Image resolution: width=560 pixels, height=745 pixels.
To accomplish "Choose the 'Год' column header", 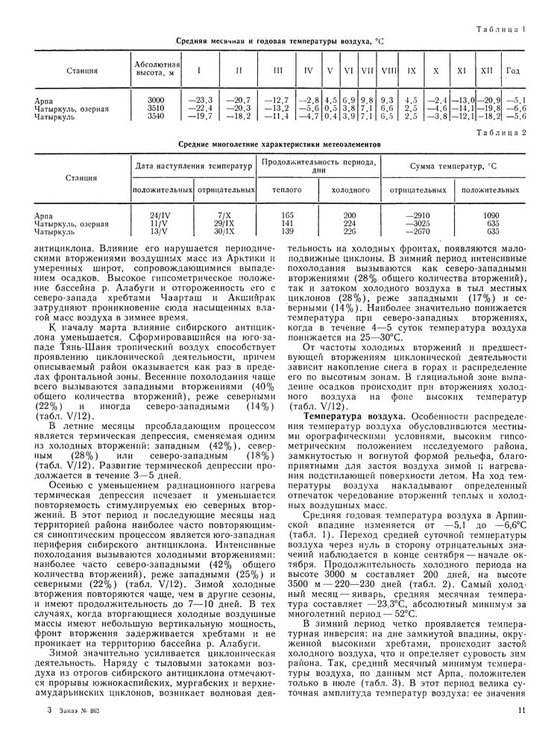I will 513,71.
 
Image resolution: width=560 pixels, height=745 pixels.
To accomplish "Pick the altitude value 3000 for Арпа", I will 155,99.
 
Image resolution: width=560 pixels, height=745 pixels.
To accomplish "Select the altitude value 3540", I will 155,116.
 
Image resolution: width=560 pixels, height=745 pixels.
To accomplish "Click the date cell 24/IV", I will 160,215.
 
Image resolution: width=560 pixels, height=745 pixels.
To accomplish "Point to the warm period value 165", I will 286,215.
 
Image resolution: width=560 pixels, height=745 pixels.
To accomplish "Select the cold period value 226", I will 349,232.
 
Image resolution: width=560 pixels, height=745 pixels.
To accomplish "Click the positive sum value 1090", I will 491,215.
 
